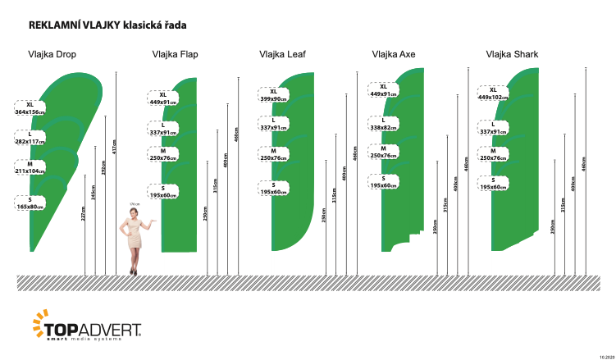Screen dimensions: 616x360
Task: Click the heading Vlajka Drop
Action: (x=53, y=55)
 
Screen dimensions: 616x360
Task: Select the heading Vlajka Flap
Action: (x=175, y=55)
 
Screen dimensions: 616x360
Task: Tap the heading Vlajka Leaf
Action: (x=283, y=55)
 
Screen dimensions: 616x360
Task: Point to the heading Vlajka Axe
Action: (x=394, y=55)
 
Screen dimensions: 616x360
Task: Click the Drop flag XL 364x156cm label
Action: (x=30, y=108)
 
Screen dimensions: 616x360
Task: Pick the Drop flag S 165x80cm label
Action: (x=30, y=203)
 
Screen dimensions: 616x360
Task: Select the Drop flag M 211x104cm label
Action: (x=30, y=168)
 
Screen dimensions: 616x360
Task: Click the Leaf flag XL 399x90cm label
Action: (x=273, y=95)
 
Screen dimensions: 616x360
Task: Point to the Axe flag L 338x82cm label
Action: (x=383, y=125)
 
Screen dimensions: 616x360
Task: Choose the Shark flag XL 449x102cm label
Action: (x=493, y=93)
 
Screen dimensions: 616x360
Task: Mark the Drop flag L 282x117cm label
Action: (x=30, y=137)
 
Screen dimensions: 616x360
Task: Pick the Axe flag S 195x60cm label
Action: (x=383, y=182)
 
